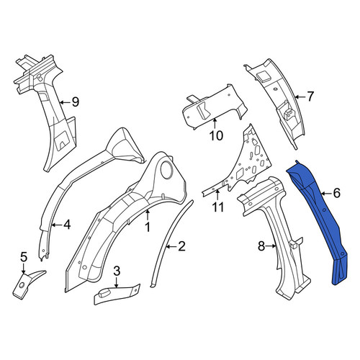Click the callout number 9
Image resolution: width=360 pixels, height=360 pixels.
tap(76, 102)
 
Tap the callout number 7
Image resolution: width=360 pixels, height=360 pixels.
tap(310, 96)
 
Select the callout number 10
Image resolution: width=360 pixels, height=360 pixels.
tap(216, 136)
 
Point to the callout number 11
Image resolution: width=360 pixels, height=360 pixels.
tap(218, 207)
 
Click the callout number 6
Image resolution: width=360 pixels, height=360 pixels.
tap(337, 193)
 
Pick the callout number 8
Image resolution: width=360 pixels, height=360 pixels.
tap(261, 246)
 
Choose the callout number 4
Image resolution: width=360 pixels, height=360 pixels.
tap(67, 225)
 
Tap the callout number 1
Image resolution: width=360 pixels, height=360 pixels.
tap(148, 227)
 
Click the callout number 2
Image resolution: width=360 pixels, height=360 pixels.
tap(181, 246)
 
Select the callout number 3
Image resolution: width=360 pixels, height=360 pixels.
tap(117, 271)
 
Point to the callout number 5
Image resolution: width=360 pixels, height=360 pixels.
tap(24, 258)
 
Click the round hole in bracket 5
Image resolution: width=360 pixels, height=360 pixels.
tap(22, 285)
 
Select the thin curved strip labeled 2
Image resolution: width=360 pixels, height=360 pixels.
tap(171, 243)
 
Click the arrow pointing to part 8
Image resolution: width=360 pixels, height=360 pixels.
tap(271, 246)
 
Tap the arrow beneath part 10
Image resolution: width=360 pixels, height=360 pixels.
tap(215, 124)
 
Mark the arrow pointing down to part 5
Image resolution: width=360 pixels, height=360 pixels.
tap(23, 269)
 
